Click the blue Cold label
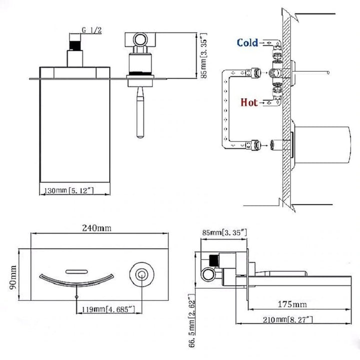tap(247, 42)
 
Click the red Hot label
tap(249, 102)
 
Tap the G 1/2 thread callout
tap(91, 30)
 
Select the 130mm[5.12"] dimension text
tap(69, 190)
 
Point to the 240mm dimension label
tap(96, 228)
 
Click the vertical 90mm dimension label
tap(13, 277)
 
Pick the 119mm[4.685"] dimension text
tap(108, 309)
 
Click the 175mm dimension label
tap(292, 304)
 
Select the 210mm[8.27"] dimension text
tap(288, 319)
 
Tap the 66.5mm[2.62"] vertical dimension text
tap(191, 320)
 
